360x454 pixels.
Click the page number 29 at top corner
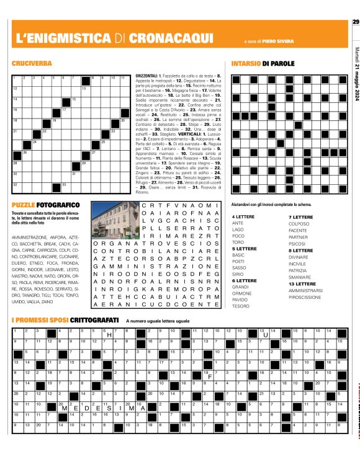355,22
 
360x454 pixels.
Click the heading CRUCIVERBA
32,63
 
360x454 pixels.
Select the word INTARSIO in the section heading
246,63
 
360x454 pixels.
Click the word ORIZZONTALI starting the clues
148,75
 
